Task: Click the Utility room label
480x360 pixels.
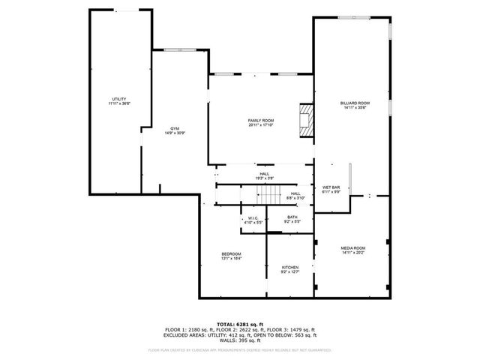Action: coord(119,100)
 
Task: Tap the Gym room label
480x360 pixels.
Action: coord(175,130)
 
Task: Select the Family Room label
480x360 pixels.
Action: coord(261,122)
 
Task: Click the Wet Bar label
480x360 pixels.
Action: coord(331,189)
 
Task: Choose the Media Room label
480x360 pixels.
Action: coord(353,250)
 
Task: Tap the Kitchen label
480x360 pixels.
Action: coord(290,269)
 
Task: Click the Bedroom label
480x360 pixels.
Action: coord(231,256)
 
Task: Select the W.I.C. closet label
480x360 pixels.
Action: coord(253,220)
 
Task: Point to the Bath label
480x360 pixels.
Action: coord(292,219)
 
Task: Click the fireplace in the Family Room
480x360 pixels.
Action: coord(305,121)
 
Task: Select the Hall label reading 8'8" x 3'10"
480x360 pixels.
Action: coord(295,195)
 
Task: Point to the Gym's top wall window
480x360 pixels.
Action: coord(178,50)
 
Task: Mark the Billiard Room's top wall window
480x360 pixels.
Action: coord(354,17)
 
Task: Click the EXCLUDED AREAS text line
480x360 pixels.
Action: coord(240,334)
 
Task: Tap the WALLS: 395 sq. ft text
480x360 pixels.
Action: coord(240,340)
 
